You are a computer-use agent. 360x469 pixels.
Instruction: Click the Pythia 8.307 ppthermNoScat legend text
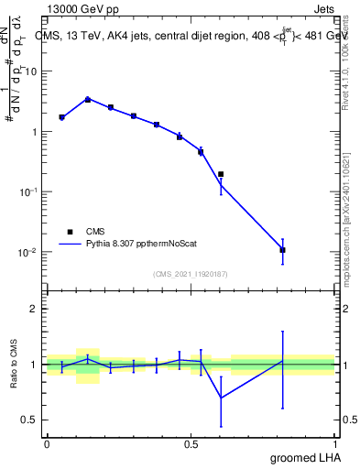click(146, 245)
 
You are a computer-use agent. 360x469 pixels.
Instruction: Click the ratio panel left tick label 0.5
click(30, 420)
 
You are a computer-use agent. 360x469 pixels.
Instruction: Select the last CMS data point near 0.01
click(283, 249)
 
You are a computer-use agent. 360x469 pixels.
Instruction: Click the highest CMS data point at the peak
click(88, 99)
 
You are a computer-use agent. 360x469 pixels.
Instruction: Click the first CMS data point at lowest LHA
click(61, 117)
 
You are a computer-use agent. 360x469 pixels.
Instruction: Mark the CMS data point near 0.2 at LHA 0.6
click(221, 174)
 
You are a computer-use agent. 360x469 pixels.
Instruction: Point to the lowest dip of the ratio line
click(221, 398)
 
